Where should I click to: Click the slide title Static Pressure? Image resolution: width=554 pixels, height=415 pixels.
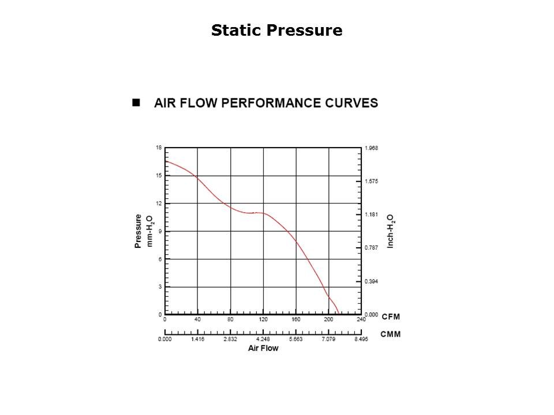pyautogui.click(x=276, y=30)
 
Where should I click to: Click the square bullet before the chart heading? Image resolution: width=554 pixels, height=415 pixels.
pyautogui.click(x=137, y=103)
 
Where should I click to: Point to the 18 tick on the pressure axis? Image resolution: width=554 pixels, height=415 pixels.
pyautogui.click(x=159, y=148)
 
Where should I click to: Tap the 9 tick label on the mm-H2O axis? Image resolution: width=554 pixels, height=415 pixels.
pyautogui.click(x=160, y=231)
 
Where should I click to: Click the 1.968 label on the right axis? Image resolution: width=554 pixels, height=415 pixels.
pyautogui.click(x=371, y=148)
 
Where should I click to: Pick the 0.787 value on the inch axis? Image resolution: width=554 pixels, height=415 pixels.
pyautogui.click(x=371, y=248)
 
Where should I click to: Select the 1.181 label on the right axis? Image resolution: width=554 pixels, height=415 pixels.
pyautogui.click(x=371, y=215)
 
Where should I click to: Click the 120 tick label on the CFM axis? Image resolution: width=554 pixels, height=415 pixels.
pyautogui.click(x=263, y=319)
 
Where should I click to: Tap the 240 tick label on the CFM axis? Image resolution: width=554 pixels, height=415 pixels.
pyautogui.click(x=361, y=319)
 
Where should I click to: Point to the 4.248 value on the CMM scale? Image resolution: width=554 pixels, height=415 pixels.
pyautogui.click(x=263, y=339)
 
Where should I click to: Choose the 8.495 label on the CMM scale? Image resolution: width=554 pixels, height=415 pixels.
pyautogui.click(x=361, y=339)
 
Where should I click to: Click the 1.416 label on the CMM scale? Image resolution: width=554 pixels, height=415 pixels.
pyautogui.click(x=197, y=339)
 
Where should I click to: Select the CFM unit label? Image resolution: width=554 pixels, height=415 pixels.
pyautogui.click(x=391, y=317)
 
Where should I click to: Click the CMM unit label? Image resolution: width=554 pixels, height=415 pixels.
pyautogui.click(x=391, y=334)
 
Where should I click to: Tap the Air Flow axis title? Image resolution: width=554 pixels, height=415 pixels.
pyautogui.click(x=263, y=348)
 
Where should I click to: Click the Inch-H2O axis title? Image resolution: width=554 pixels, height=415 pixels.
pyautogui.click(x=391, y=231)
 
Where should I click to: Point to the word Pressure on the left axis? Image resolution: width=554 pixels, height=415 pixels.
pyautogui.click(x=138, y=231)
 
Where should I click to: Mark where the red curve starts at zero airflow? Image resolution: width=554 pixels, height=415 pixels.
pyautogui.click(x=166, y=161)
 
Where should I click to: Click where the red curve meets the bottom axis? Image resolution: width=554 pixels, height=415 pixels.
pyautogui.click(x=338, y=314)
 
